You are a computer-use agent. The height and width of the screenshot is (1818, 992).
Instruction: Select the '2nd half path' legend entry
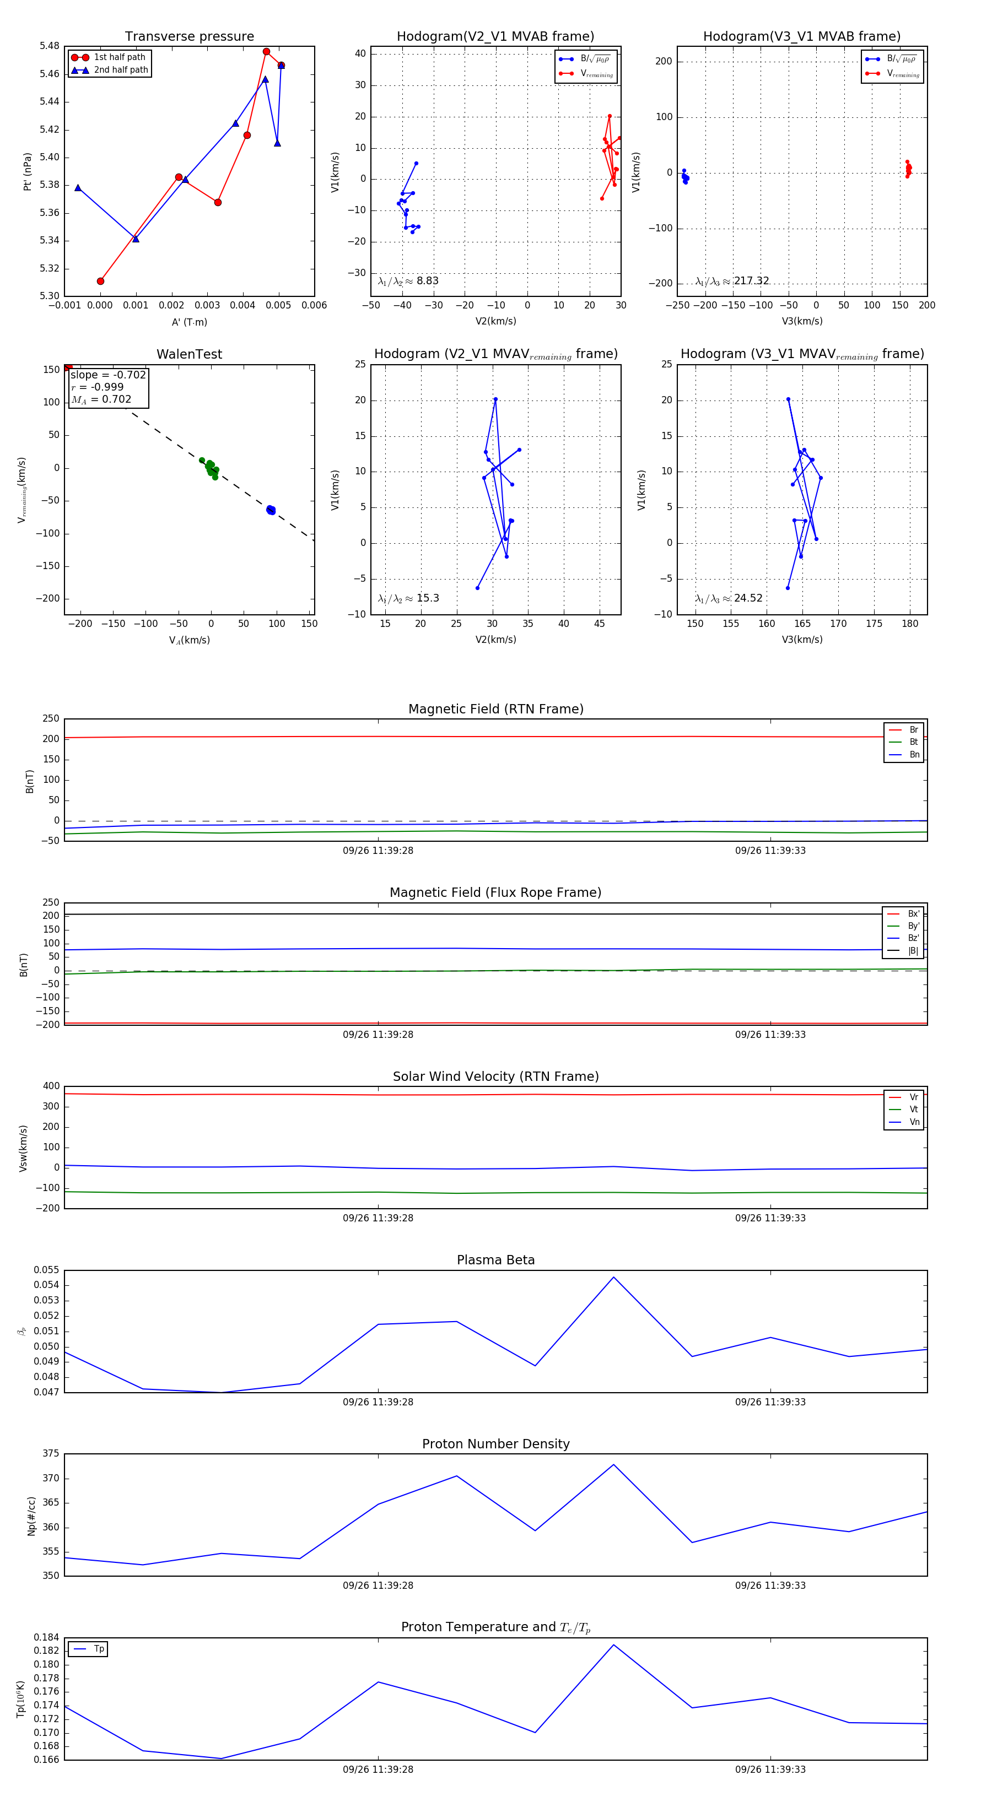click(121, 70)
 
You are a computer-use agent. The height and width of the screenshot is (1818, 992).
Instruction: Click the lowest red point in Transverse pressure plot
click(100, 281)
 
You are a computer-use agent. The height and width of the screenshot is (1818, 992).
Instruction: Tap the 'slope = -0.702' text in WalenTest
click(108, 375)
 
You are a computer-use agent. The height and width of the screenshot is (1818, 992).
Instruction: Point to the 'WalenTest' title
click(189, 354)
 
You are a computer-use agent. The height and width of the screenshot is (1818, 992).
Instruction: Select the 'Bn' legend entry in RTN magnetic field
click(914, 754)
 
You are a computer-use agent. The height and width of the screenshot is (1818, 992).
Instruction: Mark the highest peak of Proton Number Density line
click(613, 1464)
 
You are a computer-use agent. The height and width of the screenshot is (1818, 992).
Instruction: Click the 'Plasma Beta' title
click(495, 1260)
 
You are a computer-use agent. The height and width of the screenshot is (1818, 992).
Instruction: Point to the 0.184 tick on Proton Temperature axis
click(47, 1637)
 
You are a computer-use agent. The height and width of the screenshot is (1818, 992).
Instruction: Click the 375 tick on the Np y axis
click(51, 1454)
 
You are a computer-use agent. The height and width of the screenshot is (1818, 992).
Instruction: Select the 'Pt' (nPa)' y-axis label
click(28, 171)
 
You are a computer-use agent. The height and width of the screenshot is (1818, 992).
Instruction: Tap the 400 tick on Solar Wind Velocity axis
click(51, 1086)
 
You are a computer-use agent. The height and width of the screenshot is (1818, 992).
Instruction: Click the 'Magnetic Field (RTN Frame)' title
click(495, 709)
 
